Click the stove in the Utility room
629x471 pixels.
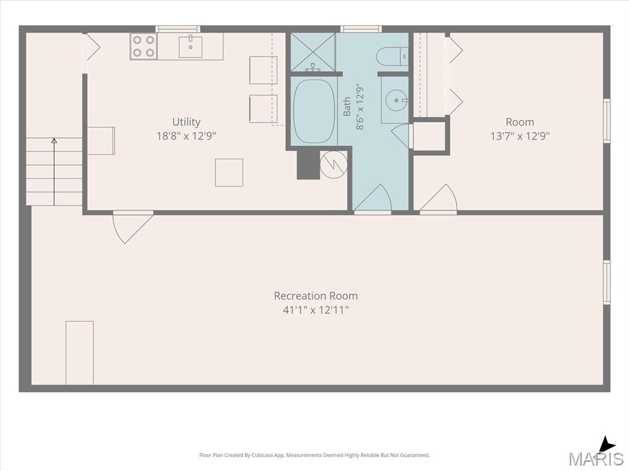(x=144, y=47)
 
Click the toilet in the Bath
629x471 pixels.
(x=393, y=56)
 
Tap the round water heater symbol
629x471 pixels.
(x=334, y=164)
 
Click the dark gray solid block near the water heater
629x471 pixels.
(x=308, y=165)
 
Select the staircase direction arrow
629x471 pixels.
(x=54, y=172)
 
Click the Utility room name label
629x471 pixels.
(x=186, y=122)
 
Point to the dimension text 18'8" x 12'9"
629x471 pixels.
(x=186, y=136)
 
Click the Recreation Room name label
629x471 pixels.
(x=316, y=296)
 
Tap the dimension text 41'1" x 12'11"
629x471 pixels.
(x=316, y=310)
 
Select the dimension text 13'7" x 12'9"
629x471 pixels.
(x=520, y=136)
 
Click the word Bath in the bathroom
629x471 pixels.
(x=347, y=107)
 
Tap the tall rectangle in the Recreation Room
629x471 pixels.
(x=80, y=353)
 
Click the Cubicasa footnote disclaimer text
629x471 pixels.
(x=314, y=456)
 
